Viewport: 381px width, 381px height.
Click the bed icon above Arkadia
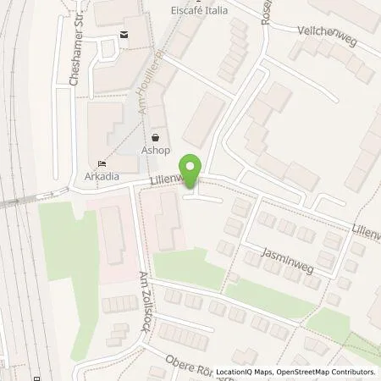(x=102, y=163)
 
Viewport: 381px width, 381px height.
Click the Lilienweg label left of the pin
(x=163, y=179)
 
